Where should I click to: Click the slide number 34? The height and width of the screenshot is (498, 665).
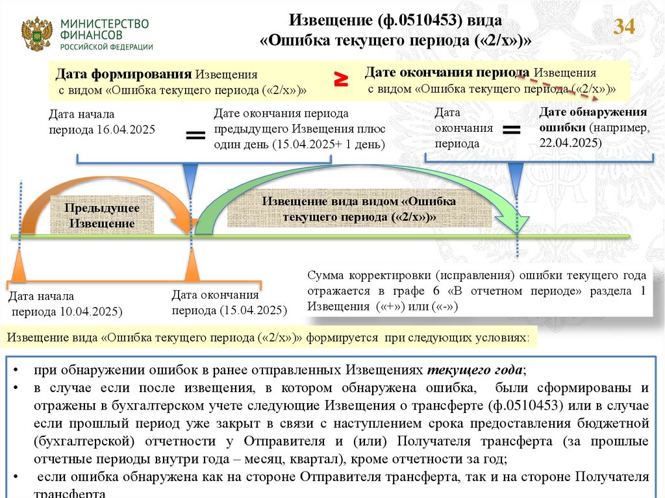pyautogui.click(x=624, y=27)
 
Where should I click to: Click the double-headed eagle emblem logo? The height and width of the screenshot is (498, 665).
pyautogui.click(x=36, y=34)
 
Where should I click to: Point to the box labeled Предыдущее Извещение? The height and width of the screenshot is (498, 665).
pyautogui.click(x=102, y=216)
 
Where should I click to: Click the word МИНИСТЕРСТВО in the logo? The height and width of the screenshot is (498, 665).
pyautogui.click(x=105, y=23)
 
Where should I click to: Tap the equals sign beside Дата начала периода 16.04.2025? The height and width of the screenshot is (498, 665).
pyautogui.click(x=195, y=135)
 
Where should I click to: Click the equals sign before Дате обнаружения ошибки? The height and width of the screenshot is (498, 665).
pyautogui.click(x=512, y=130)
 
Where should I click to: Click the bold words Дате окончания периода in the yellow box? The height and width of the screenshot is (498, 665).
pyautogui.click(x=448, y=72)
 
